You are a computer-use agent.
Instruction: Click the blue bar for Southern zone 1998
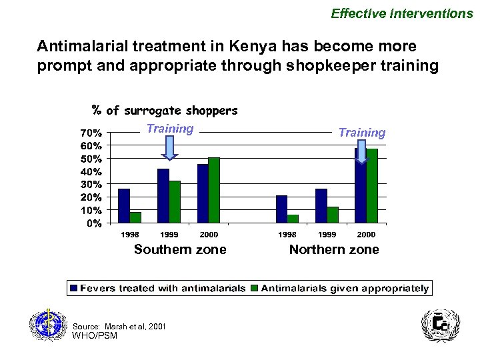(x=123, y=206)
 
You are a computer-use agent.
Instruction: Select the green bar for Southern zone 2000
(x=214, y=190)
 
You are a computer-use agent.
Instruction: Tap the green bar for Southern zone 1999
(x=175, y=202)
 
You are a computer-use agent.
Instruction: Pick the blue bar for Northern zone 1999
(x=321, y=206)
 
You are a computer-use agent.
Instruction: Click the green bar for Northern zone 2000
(x=372, y=186)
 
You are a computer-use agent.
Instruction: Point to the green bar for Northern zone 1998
(x=293, y=219)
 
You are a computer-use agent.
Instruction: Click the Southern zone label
(x=180, y=250)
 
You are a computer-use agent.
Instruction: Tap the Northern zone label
(x=333, y=250)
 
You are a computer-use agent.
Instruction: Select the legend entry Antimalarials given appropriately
(x=340, y=289)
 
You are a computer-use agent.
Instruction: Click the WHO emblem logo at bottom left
(x=47, y=327)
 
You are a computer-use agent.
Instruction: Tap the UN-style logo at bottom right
(x=440, y=327)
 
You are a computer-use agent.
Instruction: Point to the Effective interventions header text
(x=402, y=13)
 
